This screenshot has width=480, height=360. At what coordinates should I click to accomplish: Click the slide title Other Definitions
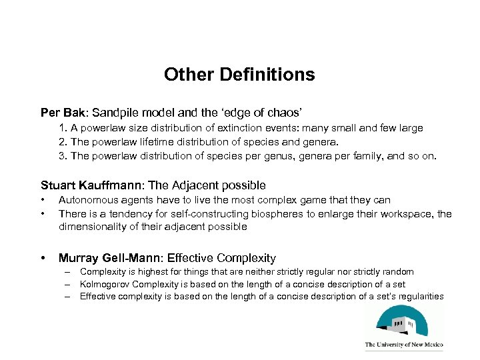coord(239,74)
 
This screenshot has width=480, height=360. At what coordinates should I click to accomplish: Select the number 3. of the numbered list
coord(63,157)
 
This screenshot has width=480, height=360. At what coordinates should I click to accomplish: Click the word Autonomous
coord(85,199)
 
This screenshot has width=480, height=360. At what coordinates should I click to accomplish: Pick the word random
coord(398,272)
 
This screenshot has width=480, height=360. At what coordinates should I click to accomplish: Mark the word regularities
coord(419,296)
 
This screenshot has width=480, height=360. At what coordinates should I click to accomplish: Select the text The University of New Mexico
coord(404,345)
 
